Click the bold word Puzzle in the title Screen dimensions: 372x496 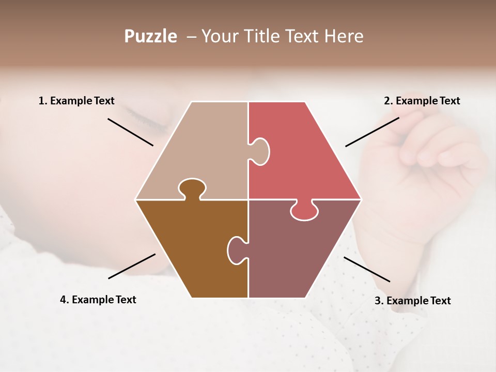[x=150, y=36]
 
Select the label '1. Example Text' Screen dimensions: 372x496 [x=76, y=101]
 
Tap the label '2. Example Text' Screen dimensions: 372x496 [x=422, y=101]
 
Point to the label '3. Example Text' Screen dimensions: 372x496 [x=412, y=301]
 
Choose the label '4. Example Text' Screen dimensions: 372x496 [x=98, y=300]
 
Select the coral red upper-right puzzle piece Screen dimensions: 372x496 [x=305, y=155]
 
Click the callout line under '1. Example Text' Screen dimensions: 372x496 [x=130, y=132]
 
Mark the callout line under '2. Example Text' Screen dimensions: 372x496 [x=372, y=132]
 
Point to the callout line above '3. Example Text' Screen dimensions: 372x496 [x=367, y=269]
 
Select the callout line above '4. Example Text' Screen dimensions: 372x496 [x=132, y=266]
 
